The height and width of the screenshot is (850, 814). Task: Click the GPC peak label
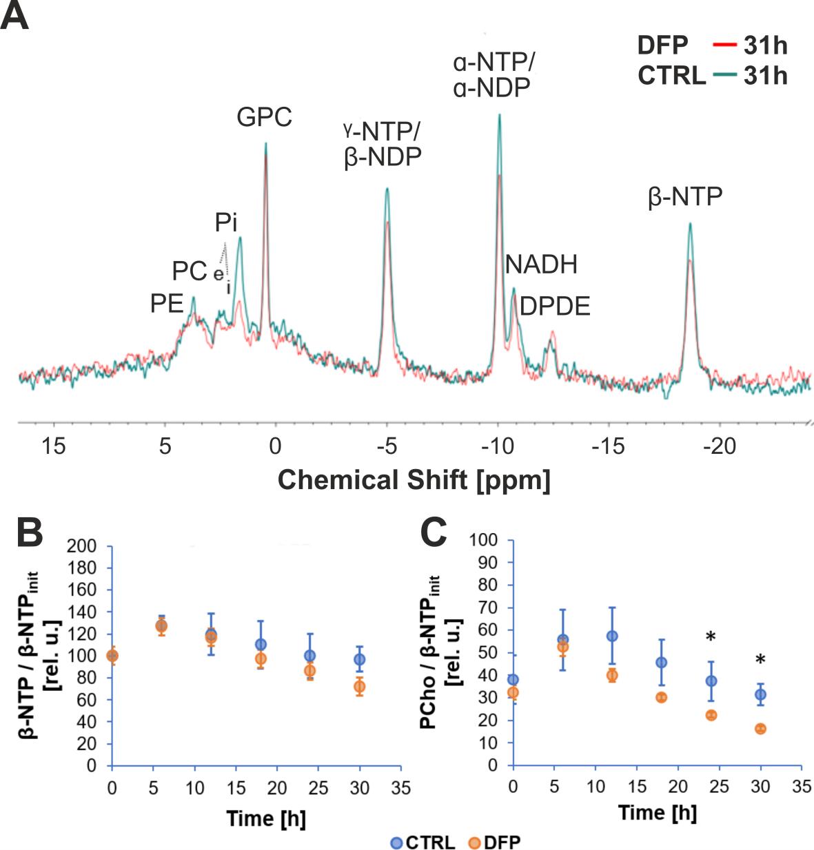point(264,117)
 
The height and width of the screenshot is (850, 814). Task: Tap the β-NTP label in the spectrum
point(685,197)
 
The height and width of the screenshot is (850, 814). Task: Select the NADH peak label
point(541,265)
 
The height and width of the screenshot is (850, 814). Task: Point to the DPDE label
point(555,307)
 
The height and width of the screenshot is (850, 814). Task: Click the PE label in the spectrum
point(167,304)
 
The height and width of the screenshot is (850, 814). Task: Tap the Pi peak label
point(226,222)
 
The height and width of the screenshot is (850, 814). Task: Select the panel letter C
point(434,532)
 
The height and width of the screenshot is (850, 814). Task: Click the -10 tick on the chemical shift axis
point(498,446)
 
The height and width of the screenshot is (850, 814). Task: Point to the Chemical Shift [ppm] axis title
point(414,480)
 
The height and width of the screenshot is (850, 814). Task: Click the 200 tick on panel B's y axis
point(81,546)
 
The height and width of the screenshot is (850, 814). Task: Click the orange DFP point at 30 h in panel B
point(359,687)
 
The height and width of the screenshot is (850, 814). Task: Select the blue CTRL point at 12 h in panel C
point(612,636)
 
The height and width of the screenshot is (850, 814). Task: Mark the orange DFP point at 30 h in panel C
point(760,729)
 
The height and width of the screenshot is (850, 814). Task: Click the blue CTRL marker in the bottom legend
point(396,842)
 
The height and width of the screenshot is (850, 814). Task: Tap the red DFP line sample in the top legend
point(724,45)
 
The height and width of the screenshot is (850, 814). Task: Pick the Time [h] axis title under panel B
point(266,818)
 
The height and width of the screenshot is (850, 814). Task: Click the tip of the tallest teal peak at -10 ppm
point(499,115)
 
